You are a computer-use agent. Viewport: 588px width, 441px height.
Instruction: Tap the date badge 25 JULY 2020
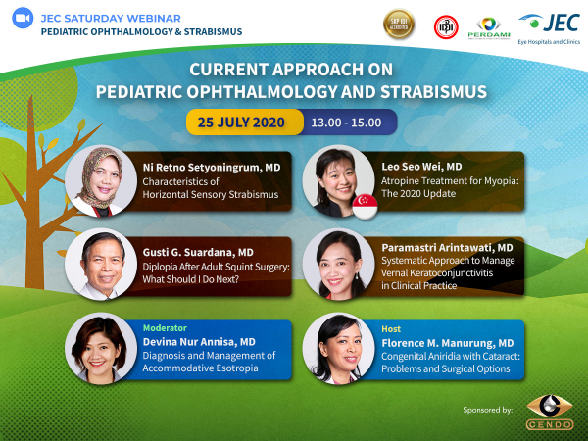click(x=241, y=122)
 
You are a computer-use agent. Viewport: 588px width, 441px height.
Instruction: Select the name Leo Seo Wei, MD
click(x=421, y=167)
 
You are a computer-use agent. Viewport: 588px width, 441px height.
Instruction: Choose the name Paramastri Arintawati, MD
click(x=447, y=248)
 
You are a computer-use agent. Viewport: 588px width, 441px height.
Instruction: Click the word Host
click(x=391, y=329)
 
